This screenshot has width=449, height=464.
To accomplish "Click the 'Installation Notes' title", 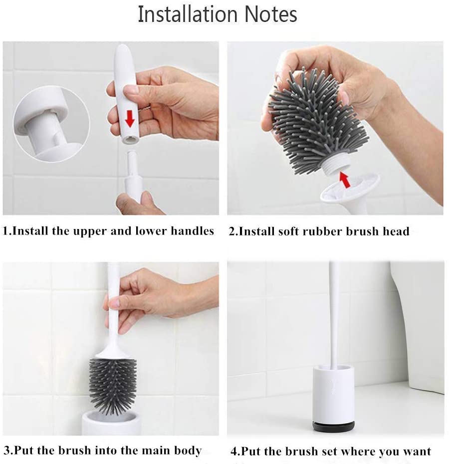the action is click(x=218, y=14).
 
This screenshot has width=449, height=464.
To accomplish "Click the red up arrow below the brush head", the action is click(x=345, y=180).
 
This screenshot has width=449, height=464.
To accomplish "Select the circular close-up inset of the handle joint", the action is click(x=52, y=124).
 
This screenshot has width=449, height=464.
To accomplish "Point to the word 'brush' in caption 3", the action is click(x=75, y=451).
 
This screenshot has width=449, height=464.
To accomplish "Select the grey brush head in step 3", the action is click(x=113, y=384).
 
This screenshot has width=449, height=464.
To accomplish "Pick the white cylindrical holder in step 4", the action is click(x=334, y=394).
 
